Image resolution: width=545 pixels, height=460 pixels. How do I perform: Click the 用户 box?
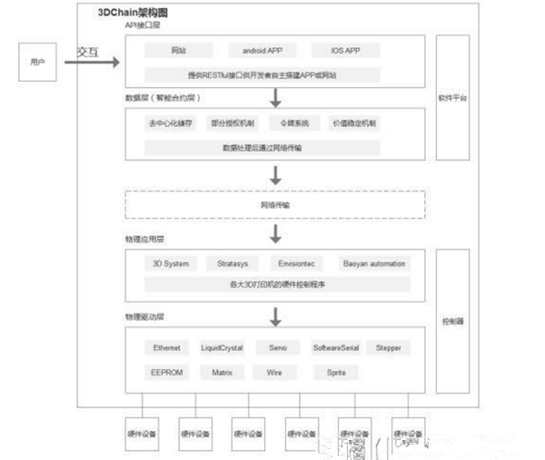(x=37, y=62)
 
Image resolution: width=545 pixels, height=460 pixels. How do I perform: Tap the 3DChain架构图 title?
(x=133, y=15)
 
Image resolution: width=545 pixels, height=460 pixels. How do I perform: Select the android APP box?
(x=256, y=51)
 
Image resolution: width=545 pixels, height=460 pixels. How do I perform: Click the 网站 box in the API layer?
(x=180, y=51)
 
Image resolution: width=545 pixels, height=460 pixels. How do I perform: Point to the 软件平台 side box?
(x=451, y=97)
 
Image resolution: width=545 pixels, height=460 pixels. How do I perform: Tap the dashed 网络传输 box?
(x=275, y=205)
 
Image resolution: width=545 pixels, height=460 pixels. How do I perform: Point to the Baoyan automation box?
(x=374, y=263)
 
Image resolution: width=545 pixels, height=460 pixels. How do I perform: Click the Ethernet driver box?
(x=167, y=347)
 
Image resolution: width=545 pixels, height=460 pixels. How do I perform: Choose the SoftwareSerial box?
(x=335, y=347)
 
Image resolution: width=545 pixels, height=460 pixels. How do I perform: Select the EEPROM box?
(x=167, y=372)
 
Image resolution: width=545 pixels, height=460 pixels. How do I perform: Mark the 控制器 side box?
(x=451, y=321)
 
